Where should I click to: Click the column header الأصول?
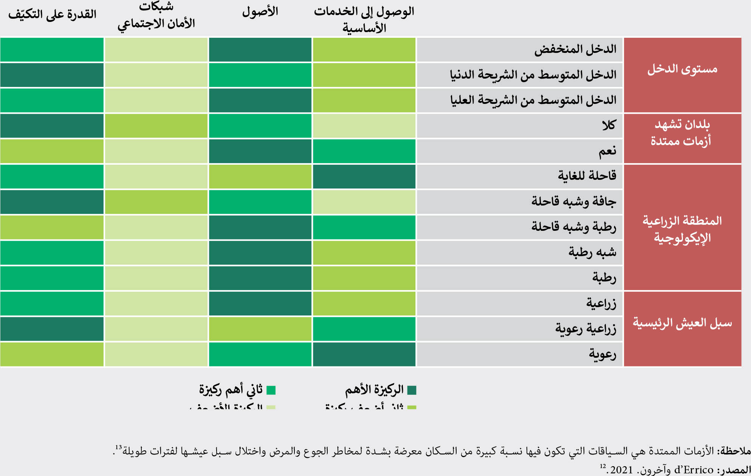tap(260, 12)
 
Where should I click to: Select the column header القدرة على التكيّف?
tap(52, 14)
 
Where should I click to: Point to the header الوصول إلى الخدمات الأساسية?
tap(364, 19)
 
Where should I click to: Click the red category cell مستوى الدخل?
tap(682, 70)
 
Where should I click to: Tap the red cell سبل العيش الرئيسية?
tap(682, 323)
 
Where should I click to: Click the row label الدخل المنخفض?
tap(575, 49)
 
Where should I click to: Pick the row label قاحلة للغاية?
tap(587, 176)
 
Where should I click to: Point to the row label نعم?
tap(607, 151)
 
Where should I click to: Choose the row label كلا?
tap(609, 125)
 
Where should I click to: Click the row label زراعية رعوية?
tap(585, 329)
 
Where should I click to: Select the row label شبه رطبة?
tap(592, 252)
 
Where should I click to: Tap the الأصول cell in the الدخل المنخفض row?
tap(260, 49)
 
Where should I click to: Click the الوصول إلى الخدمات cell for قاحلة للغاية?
tap(364, 176)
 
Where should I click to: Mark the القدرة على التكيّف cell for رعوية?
tap(52, 354)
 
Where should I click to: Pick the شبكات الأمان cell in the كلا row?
tap(156, 126)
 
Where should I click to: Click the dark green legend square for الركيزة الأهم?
tap(412, 390)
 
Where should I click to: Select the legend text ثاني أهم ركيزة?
tap(231, 389)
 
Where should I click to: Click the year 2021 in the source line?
tap(621, 470)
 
